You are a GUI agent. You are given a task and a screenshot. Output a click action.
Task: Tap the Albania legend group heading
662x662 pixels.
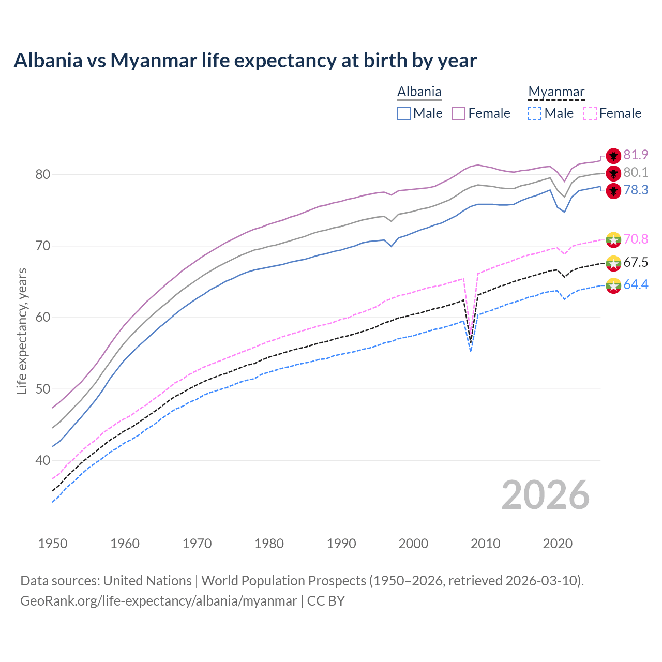(x=419, y=92)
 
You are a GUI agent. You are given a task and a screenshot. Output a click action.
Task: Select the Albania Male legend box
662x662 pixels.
(x=404, y=113)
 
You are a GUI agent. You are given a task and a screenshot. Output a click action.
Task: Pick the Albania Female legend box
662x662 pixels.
(x=459, y=113)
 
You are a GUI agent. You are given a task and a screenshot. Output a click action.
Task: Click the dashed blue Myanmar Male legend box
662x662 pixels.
(x=535, y=113)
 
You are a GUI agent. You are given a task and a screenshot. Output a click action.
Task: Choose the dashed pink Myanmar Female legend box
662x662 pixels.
(x=590, y=113)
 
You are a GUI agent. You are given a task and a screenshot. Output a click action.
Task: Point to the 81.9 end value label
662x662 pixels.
(x=636, y=155)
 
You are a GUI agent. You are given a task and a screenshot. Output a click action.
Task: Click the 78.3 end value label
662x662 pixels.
(x=636, y=190)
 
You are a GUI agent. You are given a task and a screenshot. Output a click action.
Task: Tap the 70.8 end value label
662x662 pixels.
(x=636, y=239)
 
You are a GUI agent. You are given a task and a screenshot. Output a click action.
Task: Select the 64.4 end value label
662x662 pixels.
(x=636, y=285)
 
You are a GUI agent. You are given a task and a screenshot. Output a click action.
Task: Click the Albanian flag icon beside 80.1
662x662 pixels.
(x=613, y=173)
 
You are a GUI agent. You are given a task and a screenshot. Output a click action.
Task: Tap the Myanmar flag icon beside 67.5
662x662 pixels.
(x=613, y=263)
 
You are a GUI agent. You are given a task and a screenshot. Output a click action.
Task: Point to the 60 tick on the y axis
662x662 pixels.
(x=43, y=318)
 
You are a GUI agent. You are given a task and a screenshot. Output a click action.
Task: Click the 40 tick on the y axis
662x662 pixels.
(x=43, y=460)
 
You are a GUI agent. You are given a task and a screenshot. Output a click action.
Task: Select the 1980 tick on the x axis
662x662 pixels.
(x=269, y=544)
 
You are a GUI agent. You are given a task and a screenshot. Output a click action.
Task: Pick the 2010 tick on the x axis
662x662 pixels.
(x=486, y=544)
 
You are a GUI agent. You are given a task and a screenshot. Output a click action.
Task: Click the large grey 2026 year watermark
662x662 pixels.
(x=545, y=495)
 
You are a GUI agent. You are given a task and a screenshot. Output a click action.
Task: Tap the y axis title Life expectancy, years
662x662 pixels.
(x=22, y=331)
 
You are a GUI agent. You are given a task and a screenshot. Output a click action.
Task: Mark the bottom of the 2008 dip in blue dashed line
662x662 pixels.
(x=471, y=352)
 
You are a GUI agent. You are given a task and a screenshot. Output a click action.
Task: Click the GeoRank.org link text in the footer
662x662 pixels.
(x=158, y=601)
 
